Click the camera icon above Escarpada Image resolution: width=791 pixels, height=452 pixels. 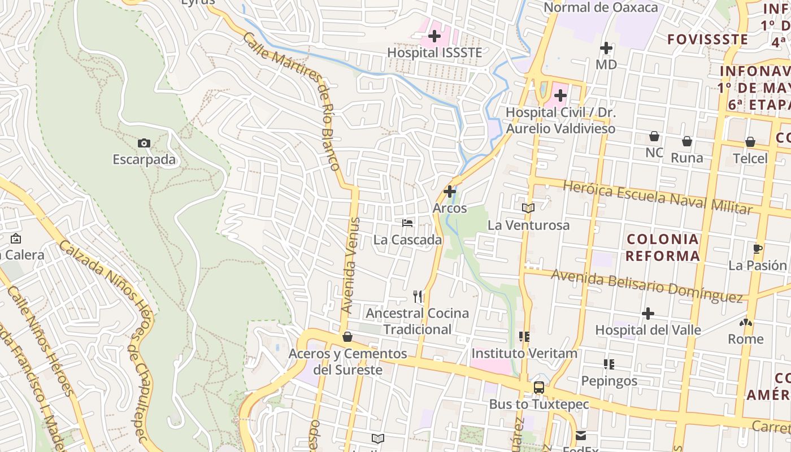(144, 144)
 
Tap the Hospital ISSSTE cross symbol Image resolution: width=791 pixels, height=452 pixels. (434, 37)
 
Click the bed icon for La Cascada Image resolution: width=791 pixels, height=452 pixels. (407, 223)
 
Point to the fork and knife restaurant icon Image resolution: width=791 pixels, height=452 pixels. (418, 296)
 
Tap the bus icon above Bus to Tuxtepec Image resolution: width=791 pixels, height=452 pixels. (539, 388)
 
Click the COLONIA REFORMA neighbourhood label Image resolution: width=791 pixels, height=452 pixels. (663, 247)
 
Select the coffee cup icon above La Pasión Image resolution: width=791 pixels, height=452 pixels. (758, 249)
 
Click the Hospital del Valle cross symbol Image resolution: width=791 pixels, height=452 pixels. (648, 313)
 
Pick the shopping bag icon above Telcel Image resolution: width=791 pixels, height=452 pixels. (750, 141)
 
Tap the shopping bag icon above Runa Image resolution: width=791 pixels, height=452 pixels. (687, 141)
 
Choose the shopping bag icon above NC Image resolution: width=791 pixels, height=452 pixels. (654, 136)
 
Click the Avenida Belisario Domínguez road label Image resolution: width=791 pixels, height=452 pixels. (646, 285)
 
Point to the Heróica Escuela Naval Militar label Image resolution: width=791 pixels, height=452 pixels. (658, 198)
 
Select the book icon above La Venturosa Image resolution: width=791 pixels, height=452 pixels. (528, 208)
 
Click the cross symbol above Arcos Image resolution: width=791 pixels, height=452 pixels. (450, 192)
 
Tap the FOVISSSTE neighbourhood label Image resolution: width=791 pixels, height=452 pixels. (707, 40)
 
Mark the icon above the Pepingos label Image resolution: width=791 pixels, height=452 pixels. (609, 364)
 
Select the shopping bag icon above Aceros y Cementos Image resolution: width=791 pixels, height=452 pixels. (347, 337)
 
